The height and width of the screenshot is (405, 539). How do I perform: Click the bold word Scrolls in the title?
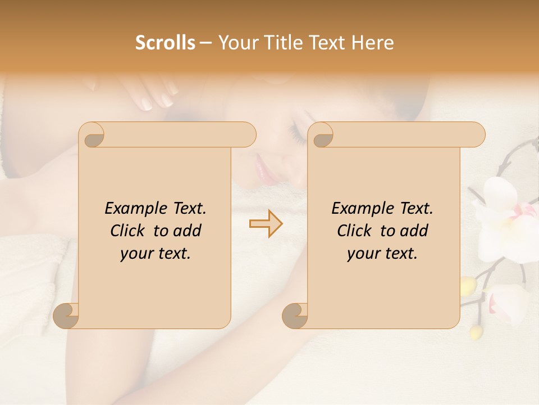tap(165, 43)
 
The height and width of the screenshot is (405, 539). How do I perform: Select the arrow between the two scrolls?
tap(266, 223)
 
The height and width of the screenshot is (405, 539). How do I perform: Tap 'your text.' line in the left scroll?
tap(156, 253)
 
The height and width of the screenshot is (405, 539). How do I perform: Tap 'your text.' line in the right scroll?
tap(382, 253)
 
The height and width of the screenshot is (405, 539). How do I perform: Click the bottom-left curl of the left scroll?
tap(66, 316)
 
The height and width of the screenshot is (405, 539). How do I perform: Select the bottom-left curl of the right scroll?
tap(295, 316)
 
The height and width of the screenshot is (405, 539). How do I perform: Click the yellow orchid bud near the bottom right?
tap(476, 332)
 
